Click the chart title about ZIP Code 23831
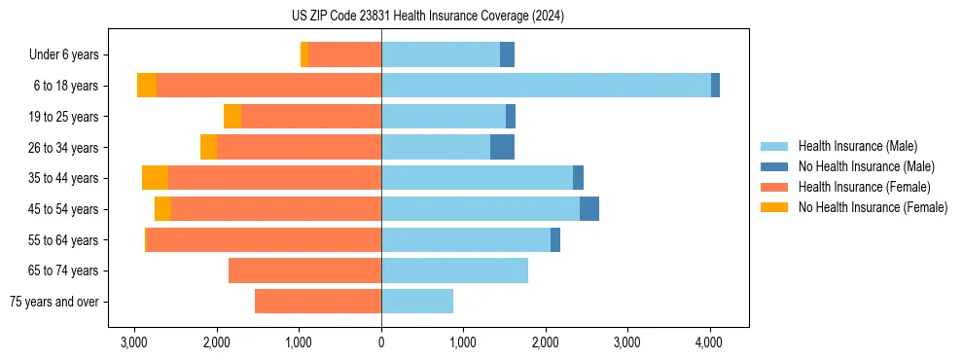click(x=481, y=17)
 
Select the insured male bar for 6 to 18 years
click(x=546, y=86)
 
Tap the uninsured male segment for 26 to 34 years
click(x=502, y=147)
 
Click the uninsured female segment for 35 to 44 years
click(x=155, y=178)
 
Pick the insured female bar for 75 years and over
click(x=318, y=302)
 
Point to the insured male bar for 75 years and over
click(x=417, y=302)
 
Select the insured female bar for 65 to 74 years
click(x=304, y=270)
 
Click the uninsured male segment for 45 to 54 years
click(x=589, y=209)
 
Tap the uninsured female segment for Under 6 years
click(x=304, y=54)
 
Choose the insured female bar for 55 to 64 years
click(x=264, y=239)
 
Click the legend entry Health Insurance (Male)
click(x=857, y=146)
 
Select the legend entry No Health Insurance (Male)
click(x=866, y=166)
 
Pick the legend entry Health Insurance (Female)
click(x=864, y=187)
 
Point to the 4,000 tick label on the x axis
click(x=709, y=342)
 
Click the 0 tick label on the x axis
click(x=381, y=342)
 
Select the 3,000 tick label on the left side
click(x=134, y=342)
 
